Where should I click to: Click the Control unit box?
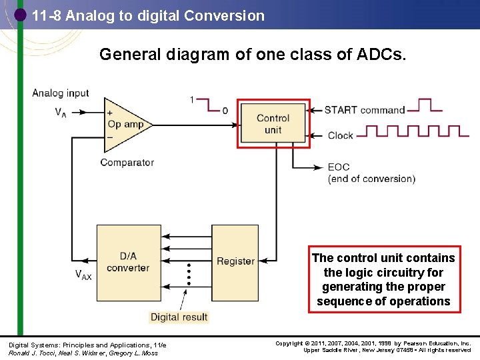(x=273, y=124)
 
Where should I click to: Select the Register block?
(x=235, y=261)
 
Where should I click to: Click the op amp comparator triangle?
(x=124, y=124)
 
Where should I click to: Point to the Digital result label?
(x=179, y=317)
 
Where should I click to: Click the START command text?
(x=365, y=110)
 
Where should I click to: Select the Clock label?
(x=340, y=135)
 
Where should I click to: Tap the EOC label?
(x=339, y=167)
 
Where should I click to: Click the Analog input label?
(x=61, y=93)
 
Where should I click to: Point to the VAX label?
(x=83, y=274)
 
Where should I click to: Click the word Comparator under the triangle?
(x=127, y=162)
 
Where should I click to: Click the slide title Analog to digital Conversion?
(x=148, y=16)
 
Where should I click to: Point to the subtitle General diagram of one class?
(x=252, y=55)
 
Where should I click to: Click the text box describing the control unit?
(x=383, y=279)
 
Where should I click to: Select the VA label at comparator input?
(x=60, y=112)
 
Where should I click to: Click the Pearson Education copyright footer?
(x=373, y=347)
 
